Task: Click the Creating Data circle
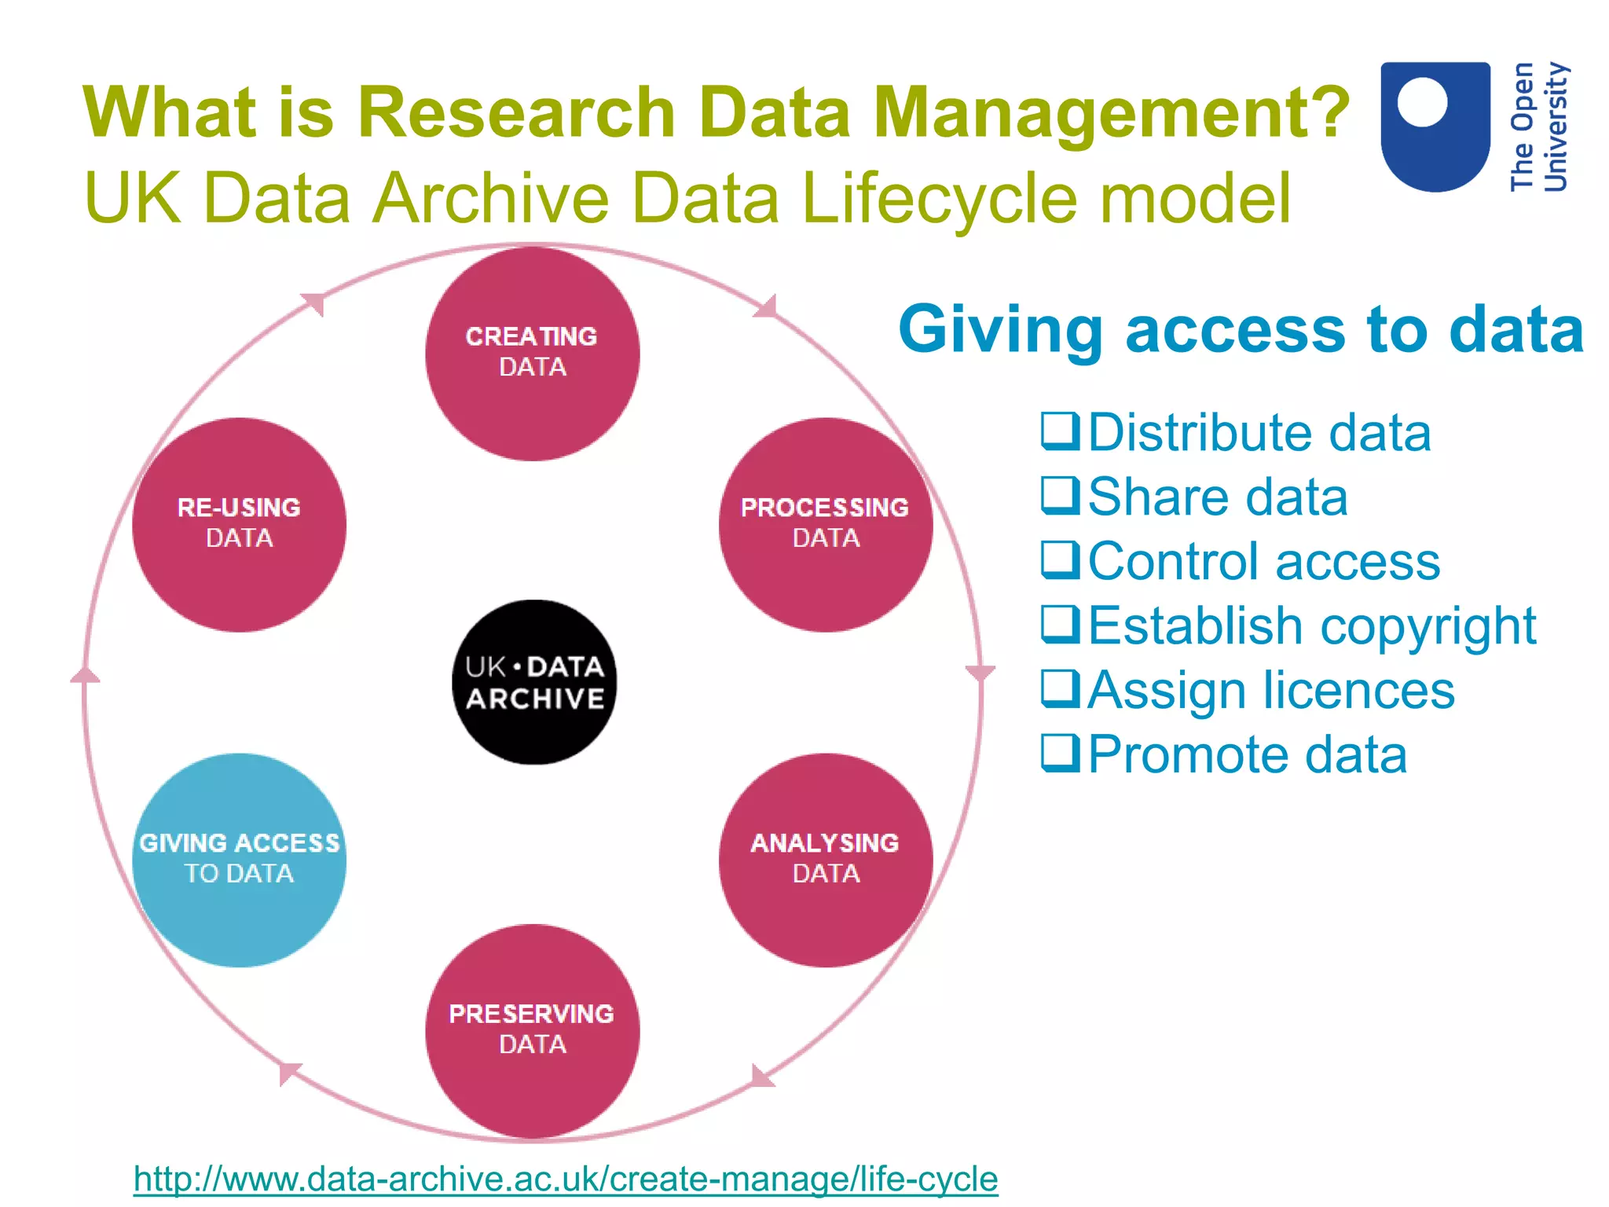(533, 354)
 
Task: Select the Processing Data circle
(825, 524)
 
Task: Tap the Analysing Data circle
(825, 860)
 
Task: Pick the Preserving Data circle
(533, 1030)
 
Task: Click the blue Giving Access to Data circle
(240, 860)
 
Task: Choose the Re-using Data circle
(240, 524)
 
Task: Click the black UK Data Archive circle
(534, 682)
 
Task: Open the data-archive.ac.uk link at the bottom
(566, 1179)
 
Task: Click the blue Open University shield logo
(1435, 126)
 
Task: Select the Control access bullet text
(1263, 562)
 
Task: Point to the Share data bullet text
(1218, 497)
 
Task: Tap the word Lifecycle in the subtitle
(939, 198)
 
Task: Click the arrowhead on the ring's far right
(980, 673)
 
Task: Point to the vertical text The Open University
(1538, 126)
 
